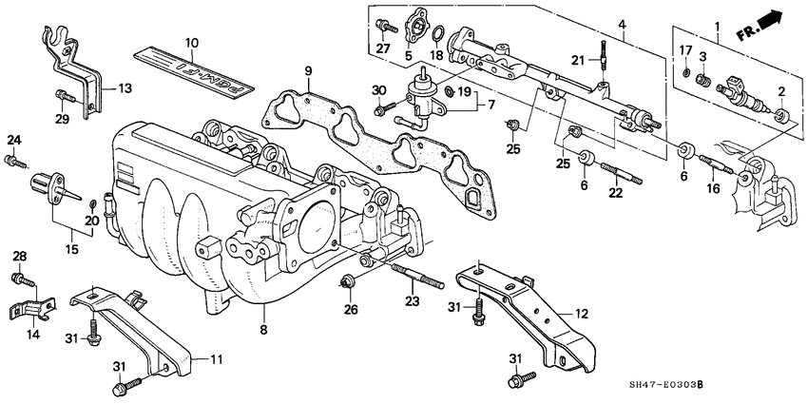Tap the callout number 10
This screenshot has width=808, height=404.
point(190,43)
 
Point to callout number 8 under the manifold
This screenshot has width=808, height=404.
point(263,331)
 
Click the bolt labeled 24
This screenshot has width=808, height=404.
point(12,159)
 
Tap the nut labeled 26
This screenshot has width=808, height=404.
point(349,280)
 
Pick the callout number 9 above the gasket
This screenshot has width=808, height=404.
point(308,71)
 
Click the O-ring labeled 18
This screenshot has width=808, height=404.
point(439,38)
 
